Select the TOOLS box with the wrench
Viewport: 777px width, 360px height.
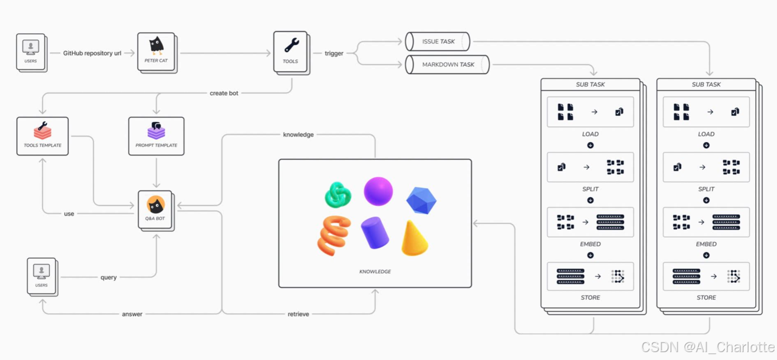291,52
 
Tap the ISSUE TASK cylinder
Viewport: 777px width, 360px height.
438,42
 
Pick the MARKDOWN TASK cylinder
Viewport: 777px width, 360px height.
448,64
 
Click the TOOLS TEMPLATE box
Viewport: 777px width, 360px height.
42,135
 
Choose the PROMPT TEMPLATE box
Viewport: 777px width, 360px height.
156,135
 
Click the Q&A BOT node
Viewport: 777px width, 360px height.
155,209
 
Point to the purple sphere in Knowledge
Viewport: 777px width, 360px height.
379,191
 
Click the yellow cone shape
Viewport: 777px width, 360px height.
414,238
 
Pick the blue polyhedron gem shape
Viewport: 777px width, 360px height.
421,200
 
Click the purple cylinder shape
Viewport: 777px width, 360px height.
375,232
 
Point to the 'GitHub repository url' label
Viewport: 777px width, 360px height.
92,53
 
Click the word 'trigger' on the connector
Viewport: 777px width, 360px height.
334,53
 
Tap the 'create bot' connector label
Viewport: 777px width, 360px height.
224,93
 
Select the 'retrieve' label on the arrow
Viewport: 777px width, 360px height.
298,314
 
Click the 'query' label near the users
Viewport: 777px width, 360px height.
109,277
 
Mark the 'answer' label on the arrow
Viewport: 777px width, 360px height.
132,314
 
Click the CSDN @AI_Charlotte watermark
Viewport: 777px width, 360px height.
708,347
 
